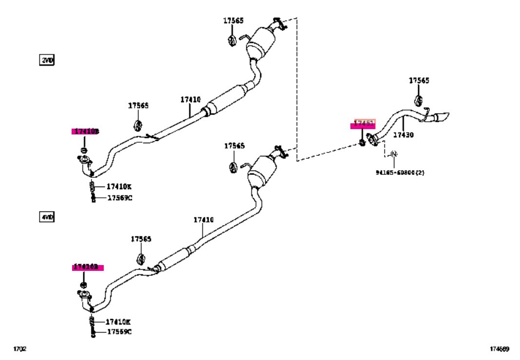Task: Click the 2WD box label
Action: click(47, 60)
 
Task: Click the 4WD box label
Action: click(47, 217)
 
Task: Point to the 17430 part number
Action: click(403, 135)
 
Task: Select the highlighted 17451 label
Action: click(363, 124)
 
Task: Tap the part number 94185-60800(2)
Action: click(400, 172)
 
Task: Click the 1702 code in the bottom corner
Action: click(19, 349)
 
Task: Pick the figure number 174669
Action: click(500, 349)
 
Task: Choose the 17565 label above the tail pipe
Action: click(419, 81)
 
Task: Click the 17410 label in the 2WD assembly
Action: click(190, 100)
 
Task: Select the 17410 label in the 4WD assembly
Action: click(203, 220)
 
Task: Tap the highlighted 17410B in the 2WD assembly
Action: click(86, 131)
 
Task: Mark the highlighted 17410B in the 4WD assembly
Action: click(86, 267)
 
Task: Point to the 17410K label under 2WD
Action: click(119, 187)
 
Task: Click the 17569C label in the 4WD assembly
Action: click(119, 332)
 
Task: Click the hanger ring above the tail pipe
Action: click(418, 100)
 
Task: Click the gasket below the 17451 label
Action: click(362, 142)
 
